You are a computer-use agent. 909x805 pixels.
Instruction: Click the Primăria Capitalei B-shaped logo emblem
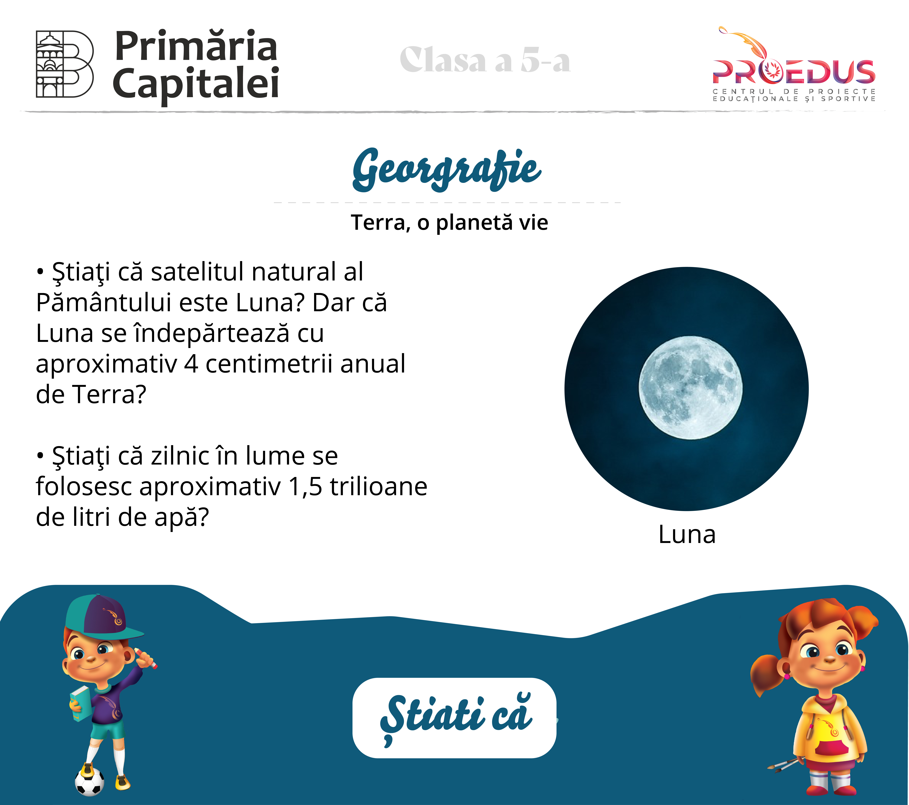coord(64,64)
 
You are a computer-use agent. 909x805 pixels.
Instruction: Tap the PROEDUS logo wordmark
coord(794,72)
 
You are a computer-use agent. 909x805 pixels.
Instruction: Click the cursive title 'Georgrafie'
coord(447,169)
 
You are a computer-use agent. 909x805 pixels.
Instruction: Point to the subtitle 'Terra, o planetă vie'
coord(449,223)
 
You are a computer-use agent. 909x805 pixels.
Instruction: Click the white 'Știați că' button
coord(454,718)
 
